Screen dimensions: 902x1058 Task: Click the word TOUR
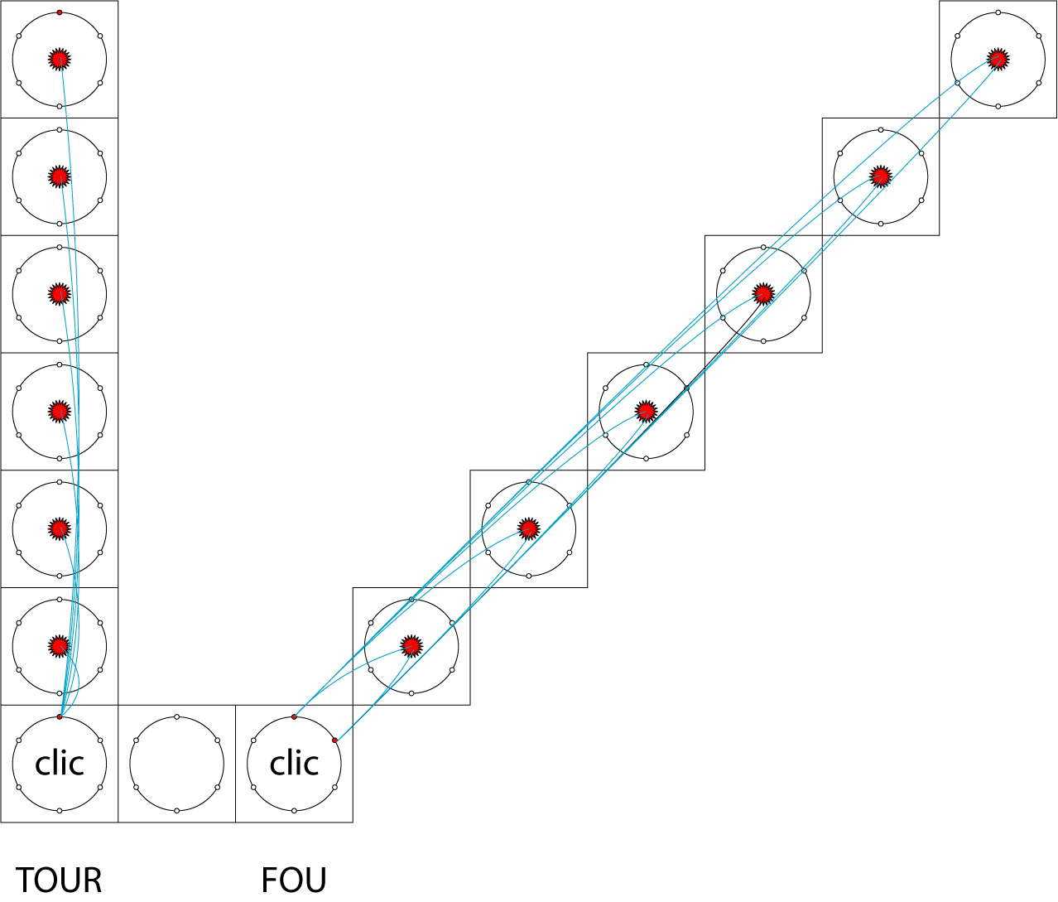[x=59, y=880]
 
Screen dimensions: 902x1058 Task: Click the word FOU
[x=294, y=880]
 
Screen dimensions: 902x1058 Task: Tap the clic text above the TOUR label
[x=60, y=763]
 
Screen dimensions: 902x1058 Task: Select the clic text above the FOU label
[x=294, y=763]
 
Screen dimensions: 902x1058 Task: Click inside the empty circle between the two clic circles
[x=177, y=764]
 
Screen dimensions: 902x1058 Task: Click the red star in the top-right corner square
[x=998, y=59]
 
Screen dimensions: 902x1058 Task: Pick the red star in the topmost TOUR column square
[x=59, y=59]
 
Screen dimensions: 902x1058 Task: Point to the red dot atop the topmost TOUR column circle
[x=60, y=12]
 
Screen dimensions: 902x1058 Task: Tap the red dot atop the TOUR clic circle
[x=60, y=716]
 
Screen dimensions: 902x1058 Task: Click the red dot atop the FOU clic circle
[x=294, y=716]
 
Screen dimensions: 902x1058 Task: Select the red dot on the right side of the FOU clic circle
[x=334, y=740]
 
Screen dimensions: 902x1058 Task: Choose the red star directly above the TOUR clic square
[x=59, y=645]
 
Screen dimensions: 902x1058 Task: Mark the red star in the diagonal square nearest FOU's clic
[x=411, y=645]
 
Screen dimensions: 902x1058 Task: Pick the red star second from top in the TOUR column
[x=59, y=176]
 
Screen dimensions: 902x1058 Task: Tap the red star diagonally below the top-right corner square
[x=881, y=176]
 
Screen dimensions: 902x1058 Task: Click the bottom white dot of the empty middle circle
[x=177, y=810]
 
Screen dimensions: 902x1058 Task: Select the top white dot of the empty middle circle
[x=177, y=716]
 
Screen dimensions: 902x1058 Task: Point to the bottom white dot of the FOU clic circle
[x=294, y=810]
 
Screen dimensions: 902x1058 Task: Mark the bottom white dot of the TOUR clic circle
[x=60, y=810]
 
